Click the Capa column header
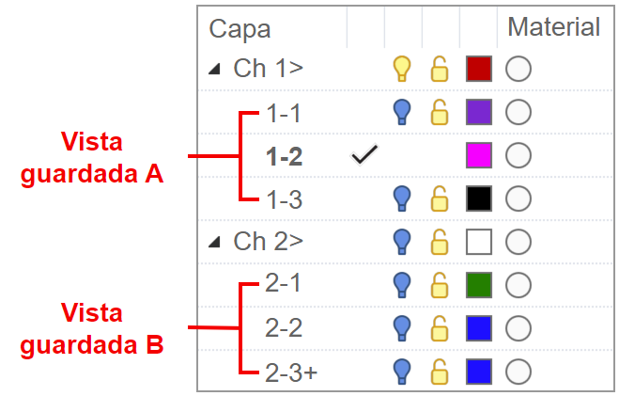pyautogui.click(x=240, y=28)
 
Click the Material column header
pyautogui.click(x=553, y=27)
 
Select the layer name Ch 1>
pyautogui.click(x=268, y=69)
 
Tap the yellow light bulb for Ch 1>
pyautogui.click(x=402, y=69)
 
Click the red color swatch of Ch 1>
pyautogui.click(x=479, y=69)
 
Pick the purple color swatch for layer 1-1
pyautogui.click(x=479, y=112)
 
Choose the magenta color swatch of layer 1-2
pyautogui.click(x=479, y=156)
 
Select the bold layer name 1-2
pyautogui.click(x=284, y=156)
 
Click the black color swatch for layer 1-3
pyautogui.click(x=479, y=198)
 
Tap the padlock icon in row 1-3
pyautogui.click(x=439, y=198)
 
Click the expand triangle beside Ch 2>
pyautogui.click(x=215, y=242)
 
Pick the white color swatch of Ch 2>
pyautogui.click(x=479, y=242)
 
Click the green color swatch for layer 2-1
pyautogui.click(x=479, y=284)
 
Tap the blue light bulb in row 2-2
pyautogui.click(x=402, y=327)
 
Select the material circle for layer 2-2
pyautogui.click(x=518, y=327)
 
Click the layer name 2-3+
pyautogui.click(x=291, y=371)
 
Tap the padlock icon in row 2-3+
pyautogui.click(x=439, y=371)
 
